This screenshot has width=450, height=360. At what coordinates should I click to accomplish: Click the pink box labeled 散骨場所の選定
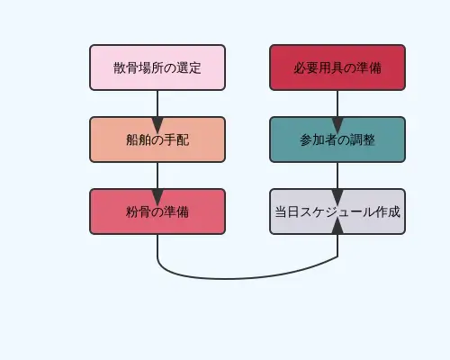coord(157,67)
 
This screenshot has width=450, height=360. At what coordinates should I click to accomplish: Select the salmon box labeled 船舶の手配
coord(157,139)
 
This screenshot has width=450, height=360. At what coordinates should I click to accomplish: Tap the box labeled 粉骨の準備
coord(157,211)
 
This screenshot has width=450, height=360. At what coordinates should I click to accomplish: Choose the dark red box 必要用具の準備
coord(337,67)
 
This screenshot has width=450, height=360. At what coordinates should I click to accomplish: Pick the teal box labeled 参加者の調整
coord(337,139)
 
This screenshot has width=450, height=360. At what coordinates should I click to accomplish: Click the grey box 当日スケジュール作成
coord(337,211)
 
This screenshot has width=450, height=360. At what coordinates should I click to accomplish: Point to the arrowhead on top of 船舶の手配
coord(157,111)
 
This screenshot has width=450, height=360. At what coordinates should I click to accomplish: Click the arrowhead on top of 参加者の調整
coord(337,111)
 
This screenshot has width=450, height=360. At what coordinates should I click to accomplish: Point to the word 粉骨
coord(138,211)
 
